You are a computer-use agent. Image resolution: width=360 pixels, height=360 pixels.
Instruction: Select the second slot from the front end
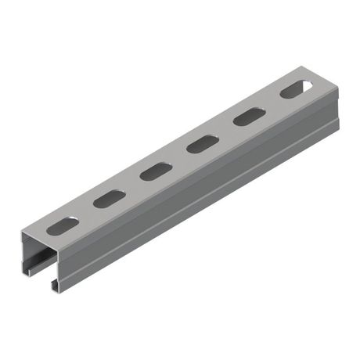110,199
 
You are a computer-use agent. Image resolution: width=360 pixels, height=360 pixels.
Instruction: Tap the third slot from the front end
156,171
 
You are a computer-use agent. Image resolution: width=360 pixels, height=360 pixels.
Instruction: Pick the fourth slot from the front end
202,144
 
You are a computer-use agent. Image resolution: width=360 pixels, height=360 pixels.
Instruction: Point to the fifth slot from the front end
247,117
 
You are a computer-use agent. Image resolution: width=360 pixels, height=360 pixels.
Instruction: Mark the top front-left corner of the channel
22,233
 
